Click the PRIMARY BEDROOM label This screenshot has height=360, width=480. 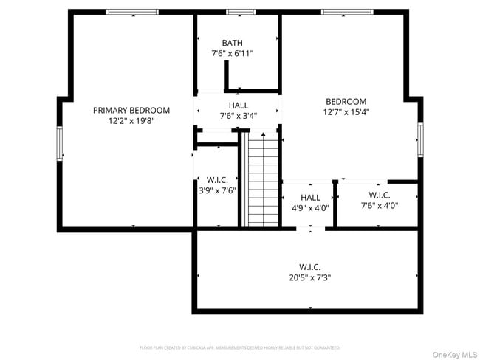click(131, 110)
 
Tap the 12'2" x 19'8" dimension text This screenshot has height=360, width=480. click(131, 121)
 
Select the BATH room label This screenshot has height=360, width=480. click(232, 43)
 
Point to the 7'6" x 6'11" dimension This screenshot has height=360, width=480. click(232, 54)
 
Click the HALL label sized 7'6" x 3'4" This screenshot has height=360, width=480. click(238, 105)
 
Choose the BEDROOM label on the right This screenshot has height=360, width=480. click(346, 102)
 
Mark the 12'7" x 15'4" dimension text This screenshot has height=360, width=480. click(346, 113)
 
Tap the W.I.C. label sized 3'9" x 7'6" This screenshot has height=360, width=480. click(216, 179)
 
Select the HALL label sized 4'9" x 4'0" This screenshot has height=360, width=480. click(310, 197)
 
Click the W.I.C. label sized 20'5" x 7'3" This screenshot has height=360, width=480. click(309, 266)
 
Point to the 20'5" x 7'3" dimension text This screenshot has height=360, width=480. click(309, 278)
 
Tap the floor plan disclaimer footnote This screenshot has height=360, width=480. click(239, 347)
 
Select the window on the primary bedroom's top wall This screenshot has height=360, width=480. click(132, 12)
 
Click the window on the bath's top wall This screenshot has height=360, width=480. click(240, 12)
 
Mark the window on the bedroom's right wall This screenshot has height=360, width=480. click(419, 140)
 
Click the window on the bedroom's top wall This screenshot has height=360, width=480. click(345, 12)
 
